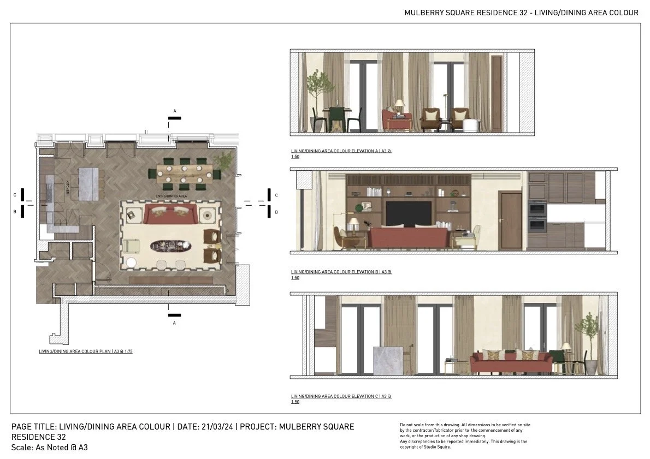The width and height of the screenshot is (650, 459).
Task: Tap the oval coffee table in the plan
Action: pos(172,246)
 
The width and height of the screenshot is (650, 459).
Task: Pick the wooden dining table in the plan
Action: pos(184,173)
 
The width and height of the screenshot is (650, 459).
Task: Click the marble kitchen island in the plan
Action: pos(92,183)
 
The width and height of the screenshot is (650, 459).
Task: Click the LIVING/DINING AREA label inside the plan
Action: pos(172,195)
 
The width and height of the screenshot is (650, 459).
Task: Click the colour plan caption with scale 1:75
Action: pos(85,352)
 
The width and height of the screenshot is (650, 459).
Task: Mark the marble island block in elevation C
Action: pos(388,361)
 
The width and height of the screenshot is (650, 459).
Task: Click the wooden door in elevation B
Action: pos(511,221)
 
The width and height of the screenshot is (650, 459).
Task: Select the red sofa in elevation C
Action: pos(511,362)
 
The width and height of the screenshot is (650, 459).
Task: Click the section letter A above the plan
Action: pos(175,111)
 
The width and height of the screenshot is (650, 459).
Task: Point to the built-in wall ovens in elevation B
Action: pos(537,217)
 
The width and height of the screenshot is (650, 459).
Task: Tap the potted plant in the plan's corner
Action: pos(224,160)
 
